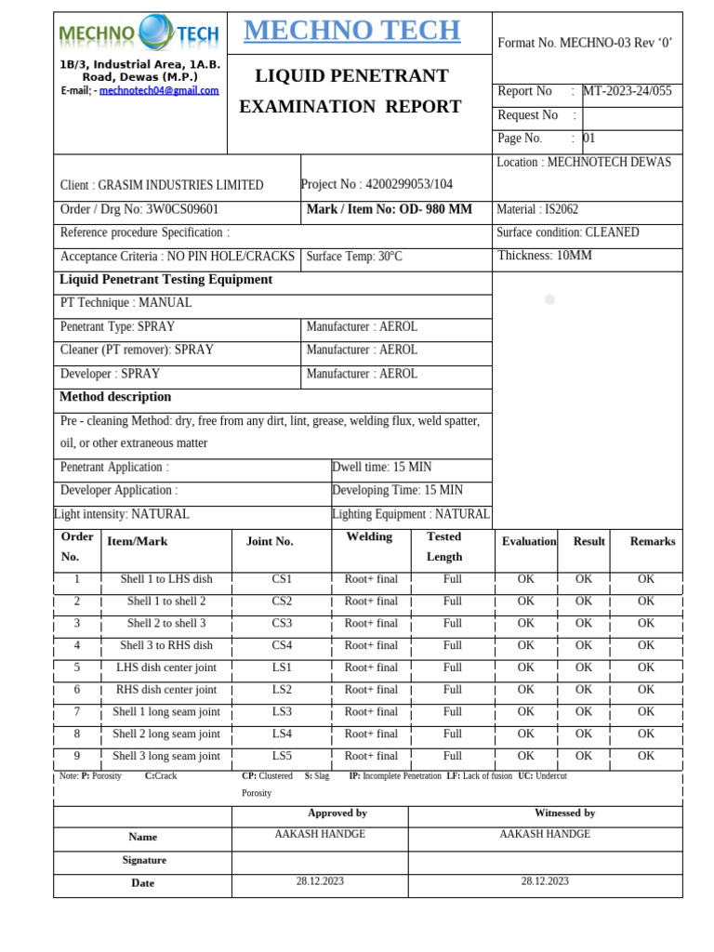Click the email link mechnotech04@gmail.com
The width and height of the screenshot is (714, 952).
tap(159, 91)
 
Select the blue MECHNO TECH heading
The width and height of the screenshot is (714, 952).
tap(351, 31)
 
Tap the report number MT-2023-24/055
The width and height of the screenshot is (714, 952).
tap(627, 91)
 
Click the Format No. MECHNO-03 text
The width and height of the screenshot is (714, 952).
tap(585, 43)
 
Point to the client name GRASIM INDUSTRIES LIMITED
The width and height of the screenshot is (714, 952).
tap(162, 185)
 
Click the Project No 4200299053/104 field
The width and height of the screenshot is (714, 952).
tap(377, 184)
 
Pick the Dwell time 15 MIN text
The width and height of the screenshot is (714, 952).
tap(382, 467)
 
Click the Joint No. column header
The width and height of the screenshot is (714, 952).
tap(270, 541)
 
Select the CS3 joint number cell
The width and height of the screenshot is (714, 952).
tap(282, 623)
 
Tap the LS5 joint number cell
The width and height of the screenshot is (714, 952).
tap(282, 756)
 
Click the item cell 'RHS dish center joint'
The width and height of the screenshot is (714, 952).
tap(166, 690)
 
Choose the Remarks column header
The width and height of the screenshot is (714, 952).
tap(653, 541)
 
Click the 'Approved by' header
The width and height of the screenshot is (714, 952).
tap(337, 813)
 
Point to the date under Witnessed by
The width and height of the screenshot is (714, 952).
tap(545, 880)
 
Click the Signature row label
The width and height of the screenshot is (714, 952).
tap(143, 860)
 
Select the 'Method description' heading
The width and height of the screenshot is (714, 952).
tap(115, 397)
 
